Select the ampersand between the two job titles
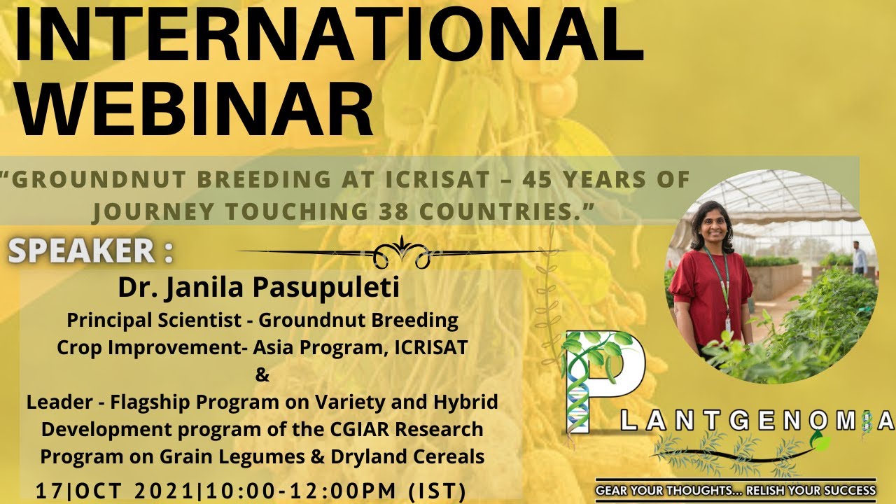pos(262,375)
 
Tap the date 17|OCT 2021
pos(115,491)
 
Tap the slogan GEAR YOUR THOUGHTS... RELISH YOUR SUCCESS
pos(735,491)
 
